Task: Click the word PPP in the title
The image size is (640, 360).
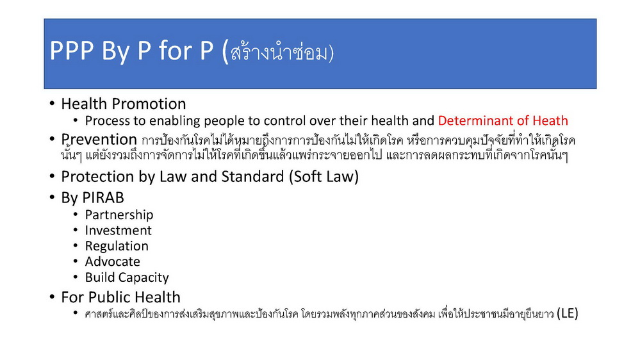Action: (72, 51)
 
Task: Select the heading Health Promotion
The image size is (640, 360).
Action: (123, 104)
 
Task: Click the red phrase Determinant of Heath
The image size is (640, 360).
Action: (503, 121)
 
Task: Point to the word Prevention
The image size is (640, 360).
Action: (99, 140)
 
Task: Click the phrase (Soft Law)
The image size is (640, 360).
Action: (324, 177)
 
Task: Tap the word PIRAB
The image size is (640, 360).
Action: (103, 198)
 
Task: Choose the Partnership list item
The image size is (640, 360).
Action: (119, 215)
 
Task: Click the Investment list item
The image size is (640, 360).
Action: (119, 231)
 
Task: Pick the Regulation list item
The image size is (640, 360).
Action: (117, 246)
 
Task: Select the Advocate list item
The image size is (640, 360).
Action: (113, 261)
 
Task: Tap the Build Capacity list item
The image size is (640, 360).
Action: (127, 277)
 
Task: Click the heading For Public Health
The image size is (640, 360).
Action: (121, 297)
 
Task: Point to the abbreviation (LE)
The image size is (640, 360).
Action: (568, 313)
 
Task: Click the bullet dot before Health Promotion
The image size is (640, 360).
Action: (52, 103)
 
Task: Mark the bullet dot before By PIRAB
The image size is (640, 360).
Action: (52, 197)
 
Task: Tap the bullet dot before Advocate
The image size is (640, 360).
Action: (76, 261)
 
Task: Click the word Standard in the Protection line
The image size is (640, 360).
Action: (252, 177)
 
